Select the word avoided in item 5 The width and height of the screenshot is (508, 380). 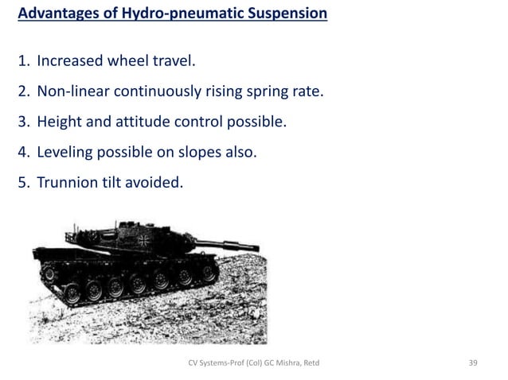[156, 183]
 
